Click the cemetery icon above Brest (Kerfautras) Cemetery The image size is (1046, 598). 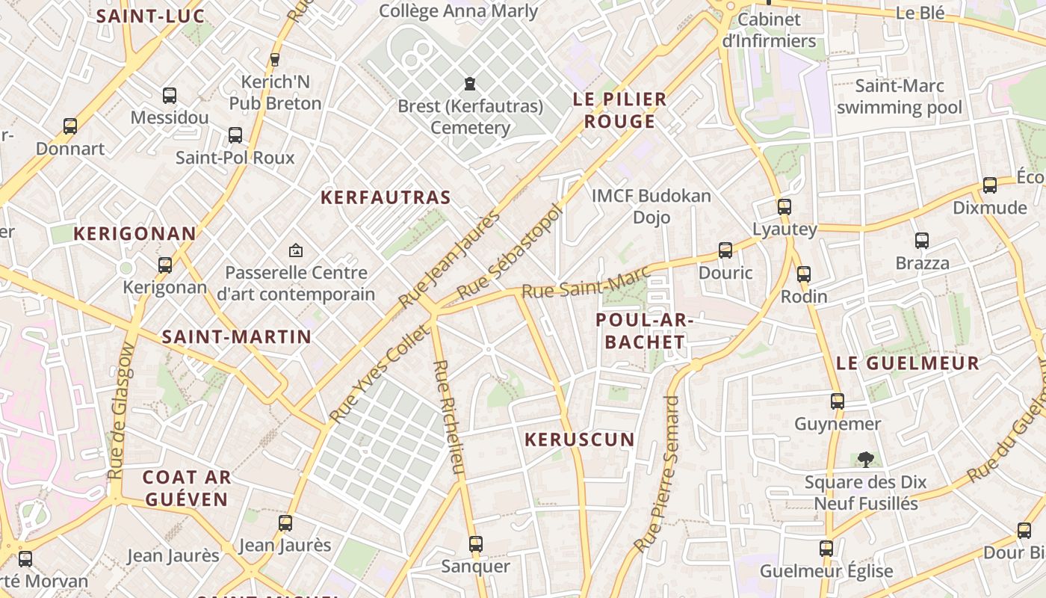[x=470, y=84]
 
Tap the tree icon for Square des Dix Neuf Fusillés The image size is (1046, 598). [x=865, y=459]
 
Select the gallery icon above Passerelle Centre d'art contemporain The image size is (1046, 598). [x=296, y=250]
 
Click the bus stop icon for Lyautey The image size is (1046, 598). [x=784, y=207]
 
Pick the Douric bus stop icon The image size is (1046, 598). [x=725, y=250]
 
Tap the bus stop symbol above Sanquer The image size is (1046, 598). [x=475, y=544]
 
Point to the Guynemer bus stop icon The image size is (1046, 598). [x=837, y=401]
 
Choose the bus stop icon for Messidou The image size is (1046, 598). [x=170, y=96]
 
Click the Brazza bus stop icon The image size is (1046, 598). [x=922, y=241]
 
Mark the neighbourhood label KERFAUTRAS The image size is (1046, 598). [x=386, y=198]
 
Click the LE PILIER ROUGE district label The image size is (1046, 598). [x=619, y=110]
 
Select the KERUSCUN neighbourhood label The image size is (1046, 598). [x=579, y=440]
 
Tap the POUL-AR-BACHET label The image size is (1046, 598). [x=644, y=331]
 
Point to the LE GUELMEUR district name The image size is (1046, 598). [x=907, y=364]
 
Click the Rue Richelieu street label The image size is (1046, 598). [x=449, y=417]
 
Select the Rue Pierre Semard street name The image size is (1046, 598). [x=657, y=475]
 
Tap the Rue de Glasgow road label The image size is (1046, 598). [x=121, y=411]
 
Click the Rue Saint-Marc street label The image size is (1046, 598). [x=585, y=284]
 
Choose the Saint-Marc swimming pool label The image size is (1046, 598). [x=900, y=96]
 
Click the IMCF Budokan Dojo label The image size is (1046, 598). [x=651, y=206]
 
